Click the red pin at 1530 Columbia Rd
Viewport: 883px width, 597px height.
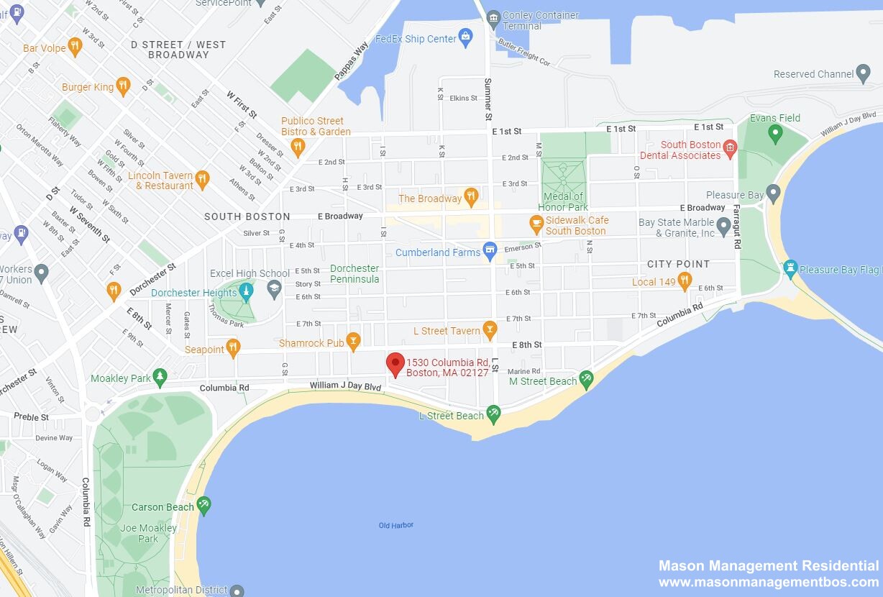[x=395, y=364]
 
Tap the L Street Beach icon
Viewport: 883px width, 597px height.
[x=493, y=414]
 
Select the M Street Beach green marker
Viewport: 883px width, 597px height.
[x=586, y=379]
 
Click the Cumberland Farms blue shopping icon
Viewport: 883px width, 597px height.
[x=490, y=251]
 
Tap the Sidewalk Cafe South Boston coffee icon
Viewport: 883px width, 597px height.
[x=536, y=224]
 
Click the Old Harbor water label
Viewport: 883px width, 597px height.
[x=396, y=525]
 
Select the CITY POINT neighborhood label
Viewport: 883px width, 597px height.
[x=678, y=264]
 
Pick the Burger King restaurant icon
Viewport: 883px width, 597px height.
[x=123, y=86]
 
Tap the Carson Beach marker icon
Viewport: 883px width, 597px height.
[x=204, y=506]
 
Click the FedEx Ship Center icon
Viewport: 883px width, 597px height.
[x=466, y=37]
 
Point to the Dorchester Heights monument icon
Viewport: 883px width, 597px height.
[x=246, y=291]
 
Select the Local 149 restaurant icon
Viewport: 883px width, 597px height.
[x=684, y=281]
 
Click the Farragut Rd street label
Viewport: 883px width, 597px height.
[x=736, y=227]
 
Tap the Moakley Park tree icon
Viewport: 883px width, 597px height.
[x=160, y=377]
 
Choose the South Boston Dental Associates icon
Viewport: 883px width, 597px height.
[x=729, y=149]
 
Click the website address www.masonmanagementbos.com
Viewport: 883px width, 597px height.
[x=769, y=583]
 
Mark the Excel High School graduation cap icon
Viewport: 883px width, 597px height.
[x=273, y=289]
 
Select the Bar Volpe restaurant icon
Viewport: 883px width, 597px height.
[x=75, y=47]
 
